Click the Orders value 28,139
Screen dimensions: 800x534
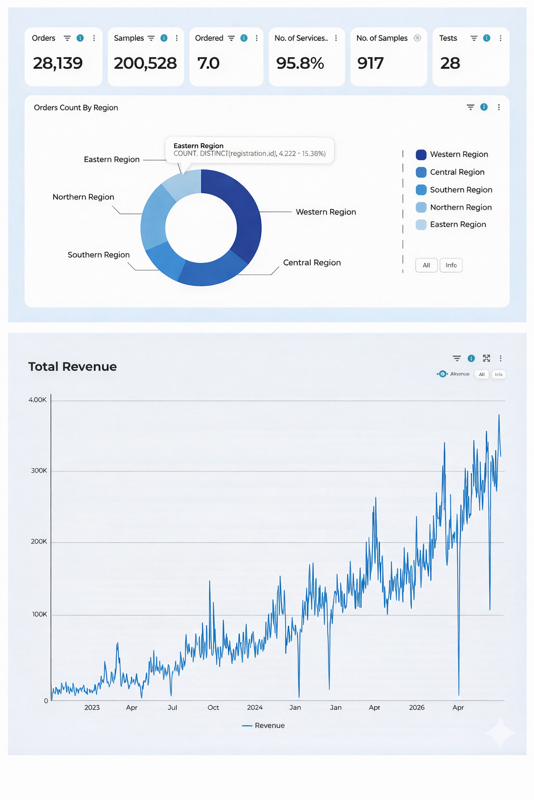point(57,64)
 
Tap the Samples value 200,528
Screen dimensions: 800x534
point(145,64)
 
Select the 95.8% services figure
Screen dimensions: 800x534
point(300,64)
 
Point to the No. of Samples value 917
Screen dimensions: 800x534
point(370,64)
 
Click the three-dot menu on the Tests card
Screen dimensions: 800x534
point(501,38)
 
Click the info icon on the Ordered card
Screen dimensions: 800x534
point(244,38)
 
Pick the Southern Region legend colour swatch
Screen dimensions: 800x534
point(421,190)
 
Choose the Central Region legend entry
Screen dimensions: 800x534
point(457,172)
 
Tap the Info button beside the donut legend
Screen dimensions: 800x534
point(451,265)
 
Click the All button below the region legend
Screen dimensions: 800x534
point(426,265)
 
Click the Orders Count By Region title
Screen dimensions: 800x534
point(76,108)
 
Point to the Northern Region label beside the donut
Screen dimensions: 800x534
point(83,197)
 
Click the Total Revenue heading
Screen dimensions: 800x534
point(72,367)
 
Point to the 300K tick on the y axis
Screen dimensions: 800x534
point(39,470)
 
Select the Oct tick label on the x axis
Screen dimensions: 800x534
point(213,707)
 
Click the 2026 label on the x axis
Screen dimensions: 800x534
point(417,707)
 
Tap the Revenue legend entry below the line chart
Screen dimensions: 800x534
point(264,726)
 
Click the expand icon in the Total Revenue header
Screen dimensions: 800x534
point(487,358)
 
